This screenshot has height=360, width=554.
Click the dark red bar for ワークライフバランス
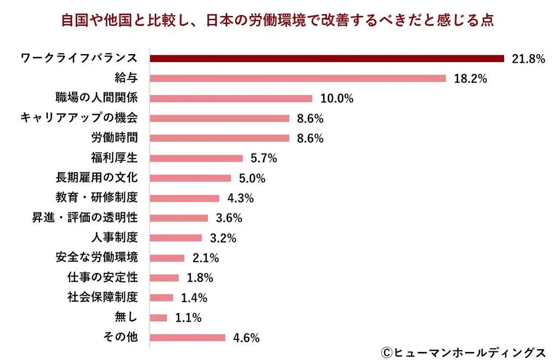click(327, 58)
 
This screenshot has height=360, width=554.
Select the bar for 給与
click(298, 78)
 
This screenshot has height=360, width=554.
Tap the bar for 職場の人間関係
click(231, 98)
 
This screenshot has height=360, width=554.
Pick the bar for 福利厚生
click(196, 158)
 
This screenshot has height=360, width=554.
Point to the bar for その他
click(187, 338)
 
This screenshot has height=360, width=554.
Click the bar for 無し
click(159, 318)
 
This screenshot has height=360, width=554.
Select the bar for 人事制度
click(176, 238)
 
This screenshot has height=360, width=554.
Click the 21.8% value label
click(527, 59)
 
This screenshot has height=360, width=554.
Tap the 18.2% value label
click(470, 79)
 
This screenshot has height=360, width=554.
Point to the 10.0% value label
click(337, 98)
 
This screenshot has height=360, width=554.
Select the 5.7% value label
click(263, 158)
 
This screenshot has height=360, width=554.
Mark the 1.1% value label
click(188, 318)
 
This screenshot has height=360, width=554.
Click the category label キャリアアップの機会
click(78, 118)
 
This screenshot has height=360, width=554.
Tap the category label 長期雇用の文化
click(96, 177)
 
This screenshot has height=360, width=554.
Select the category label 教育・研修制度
click(96, 197)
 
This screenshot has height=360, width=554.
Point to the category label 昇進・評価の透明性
click(84, 217)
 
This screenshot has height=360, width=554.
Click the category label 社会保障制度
click(102, 297)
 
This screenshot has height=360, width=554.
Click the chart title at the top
click(277, 21)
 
